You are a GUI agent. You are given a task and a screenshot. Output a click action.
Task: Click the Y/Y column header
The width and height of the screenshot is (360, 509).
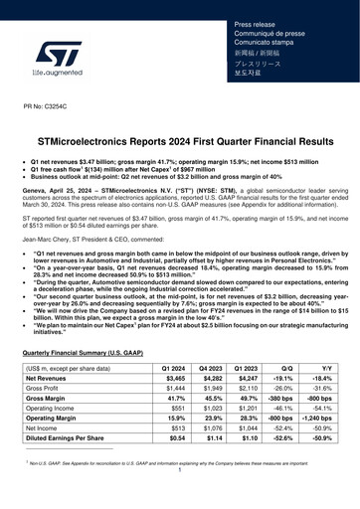click(318, 369)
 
